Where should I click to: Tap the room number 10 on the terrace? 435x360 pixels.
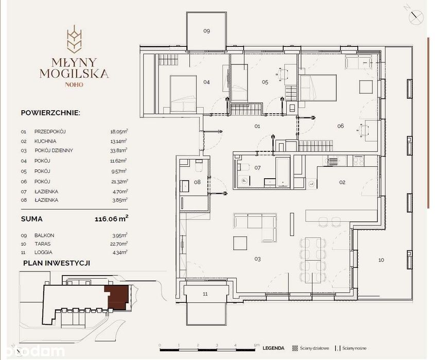tap(380, 260)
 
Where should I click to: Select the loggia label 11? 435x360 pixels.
tap(205, 294)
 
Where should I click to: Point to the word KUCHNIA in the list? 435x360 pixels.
tap(45, 141)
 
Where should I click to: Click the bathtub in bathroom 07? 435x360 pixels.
tap(284, 172)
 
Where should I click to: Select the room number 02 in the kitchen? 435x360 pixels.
tap(342, 182)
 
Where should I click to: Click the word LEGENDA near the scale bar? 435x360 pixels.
tap(273, 348)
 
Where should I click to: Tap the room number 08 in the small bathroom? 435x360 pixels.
tap(197, 181)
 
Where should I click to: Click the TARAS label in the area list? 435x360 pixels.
tap(41, 244)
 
